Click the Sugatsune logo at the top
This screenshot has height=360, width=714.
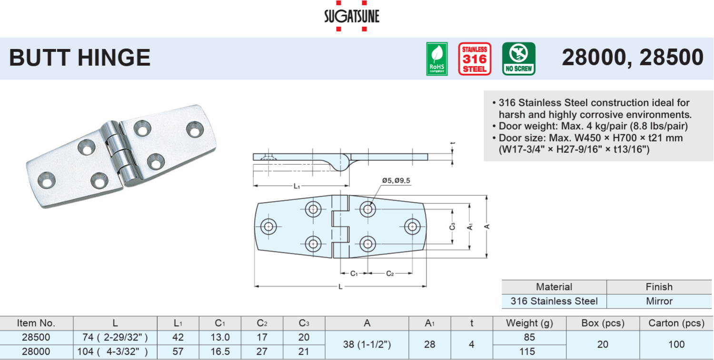coord(352,16)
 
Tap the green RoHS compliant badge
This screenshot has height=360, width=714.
coord(436,59)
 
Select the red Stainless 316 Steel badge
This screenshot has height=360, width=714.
coord(475,59)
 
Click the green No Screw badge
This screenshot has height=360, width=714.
coord(519,59)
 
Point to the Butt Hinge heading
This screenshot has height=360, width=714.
coord(79,58)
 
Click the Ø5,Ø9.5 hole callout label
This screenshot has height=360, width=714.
coord(396,180)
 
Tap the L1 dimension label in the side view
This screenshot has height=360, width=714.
coord(297,186)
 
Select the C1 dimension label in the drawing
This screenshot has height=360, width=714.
coord(354,274)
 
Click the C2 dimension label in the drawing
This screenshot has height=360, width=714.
coord(390,274)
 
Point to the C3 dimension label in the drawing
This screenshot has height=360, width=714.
coord(452,226)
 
